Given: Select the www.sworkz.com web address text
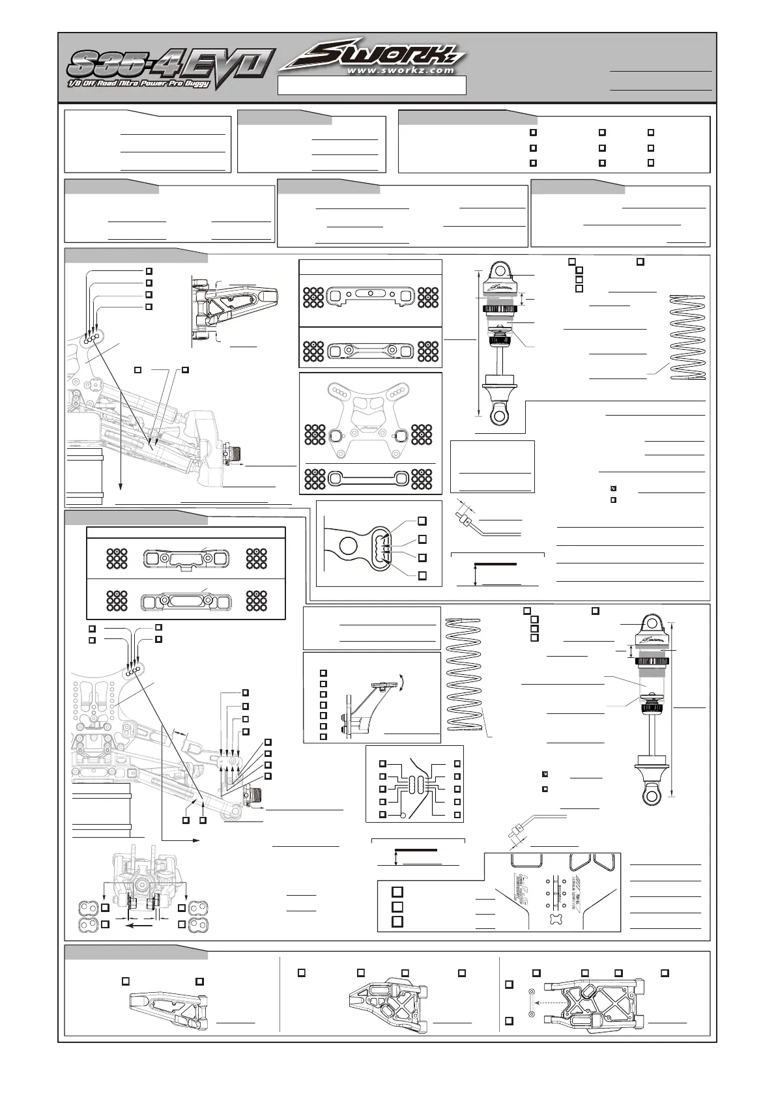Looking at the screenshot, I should click(x=400, y=70).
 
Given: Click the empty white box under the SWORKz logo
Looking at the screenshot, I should click(x=371, y=85).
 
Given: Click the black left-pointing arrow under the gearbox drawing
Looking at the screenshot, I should click(x=139, y=924).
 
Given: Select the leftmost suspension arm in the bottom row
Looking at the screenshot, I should click(x=168, y=1006).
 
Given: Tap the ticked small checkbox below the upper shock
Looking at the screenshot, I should click(x=613, y=488).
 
